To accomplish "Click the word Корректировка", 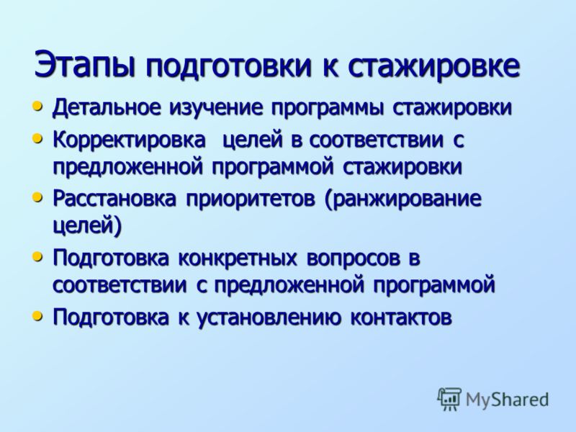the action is (x=130, y=140).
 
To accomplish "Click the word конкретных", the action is (x=238, y=258).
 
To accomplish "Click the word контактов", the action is (x=401, y=318).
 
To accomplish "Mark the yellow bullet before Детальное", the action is (x=37, y=107).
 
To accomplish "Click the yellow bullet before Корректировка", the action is (x=37, y=139).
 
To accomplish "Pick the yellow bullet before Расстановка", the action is (x=37, y=198).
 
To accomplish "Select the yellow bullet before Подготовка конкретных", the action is (x=37, y=257).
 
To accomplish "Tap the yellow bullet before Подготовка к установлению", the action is (x=37, y=315).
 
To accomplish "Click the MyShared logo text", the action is (x=507, y=400).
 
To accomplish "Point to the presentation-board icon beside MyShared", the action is (x=449, y=399).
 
